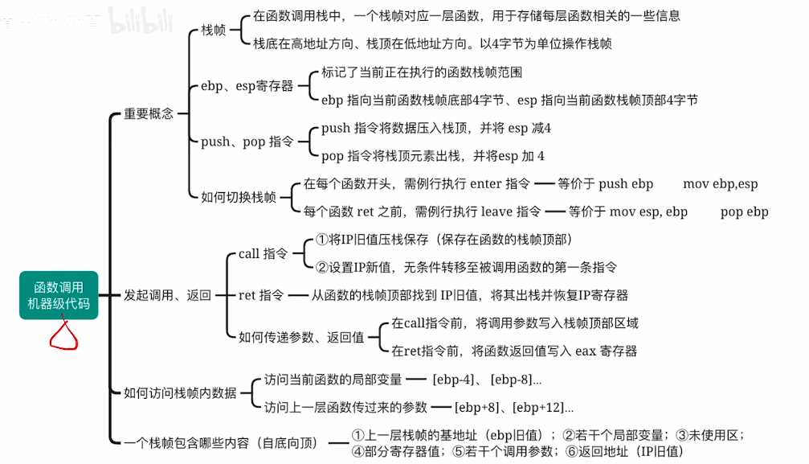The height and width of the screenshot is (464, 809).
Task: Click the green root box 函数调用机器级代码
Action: (59, 295)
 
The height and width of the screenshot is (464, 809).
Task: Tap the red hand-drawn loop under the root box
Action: (64, 335)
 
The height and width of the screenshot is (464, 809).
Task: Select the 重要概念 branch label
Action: (149, 113)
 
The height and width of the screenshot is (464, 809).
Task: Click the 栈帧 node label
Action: (213, 30)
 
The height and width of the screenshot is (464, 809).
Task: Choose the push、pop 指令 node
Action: (247, 142)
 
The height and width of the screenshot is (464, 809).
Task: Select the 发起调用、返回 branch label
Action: (167, 295)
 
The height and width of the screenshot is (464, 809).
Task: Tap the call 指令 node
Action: (263, 253)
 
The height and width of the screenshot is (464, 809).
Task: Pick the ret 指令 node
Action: (261, 295)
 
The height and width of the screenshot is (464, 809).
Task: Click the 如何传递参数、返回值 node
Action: (301, 337)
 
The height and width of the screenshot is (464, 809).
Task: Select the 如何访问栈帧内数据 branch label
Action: (180, 392)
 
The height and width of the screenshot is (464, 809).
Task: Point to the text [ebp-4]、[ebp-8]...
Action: (487, 379)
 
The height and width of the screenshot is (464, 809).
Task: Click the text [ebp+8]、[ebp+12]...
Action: (514, 407)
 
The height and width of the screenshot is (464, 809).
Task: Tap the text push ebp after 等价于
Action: (626, 183)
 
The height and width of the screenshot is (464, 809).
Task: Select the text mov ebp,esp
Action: (721, 183)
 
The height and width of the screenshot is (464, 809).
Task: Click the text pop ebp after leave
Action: (745, 211)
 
